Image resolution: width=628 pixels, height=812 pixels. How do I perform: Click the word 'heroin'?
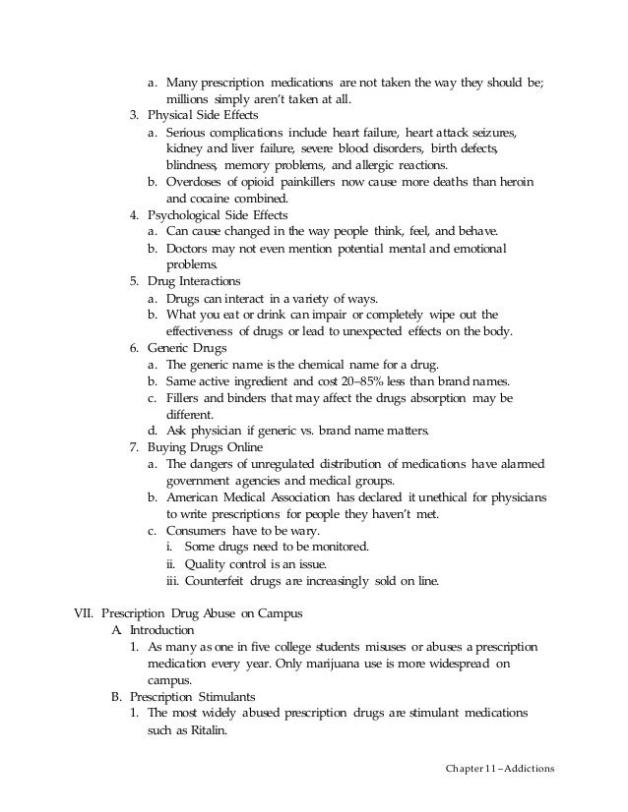click(519, 181)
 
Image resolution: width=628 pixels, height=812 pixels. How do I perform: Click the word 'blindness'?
click(191, 164)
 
